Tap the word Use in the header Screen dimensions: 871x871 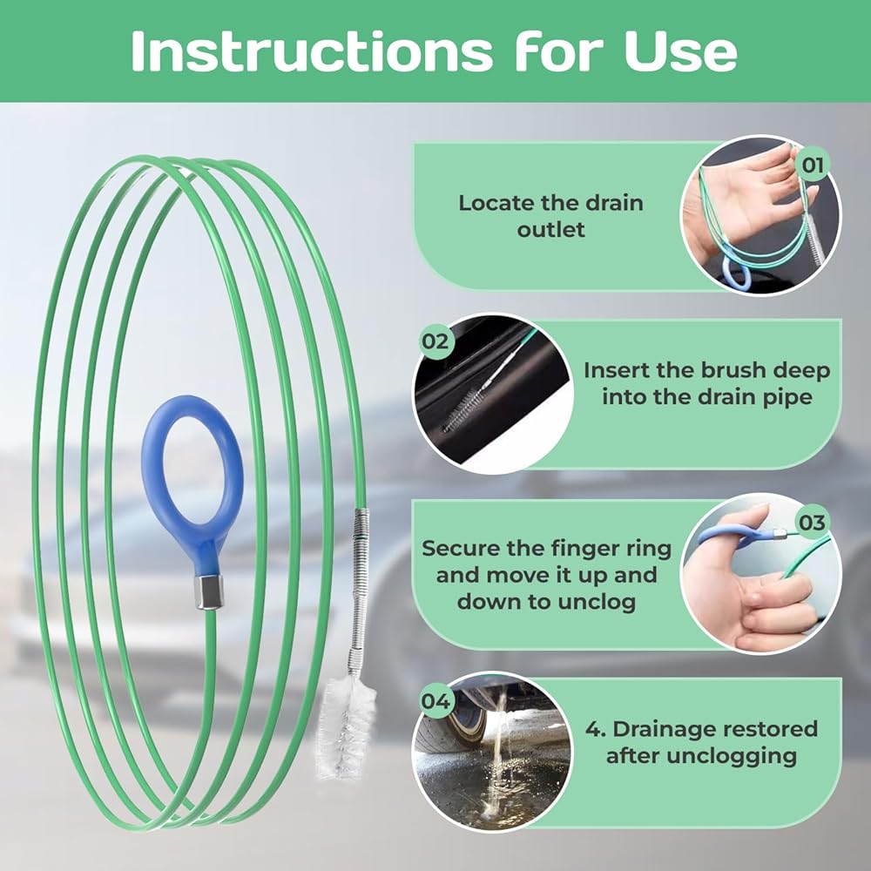click(x=680, y=51)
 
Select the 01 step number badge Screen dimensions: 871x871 click(x=812, y=165)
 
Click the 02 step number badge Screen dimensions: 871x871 click(x=435, y=341)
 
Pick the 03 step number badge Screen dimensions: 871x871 click(x=812, y=522)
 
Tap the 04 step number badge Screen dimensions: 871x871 click(x=435, y=701)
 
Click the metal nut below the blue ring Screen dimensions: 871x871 click(x=209, y=592)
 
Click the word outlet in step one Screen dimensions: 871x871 click(x=550, y=229)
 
